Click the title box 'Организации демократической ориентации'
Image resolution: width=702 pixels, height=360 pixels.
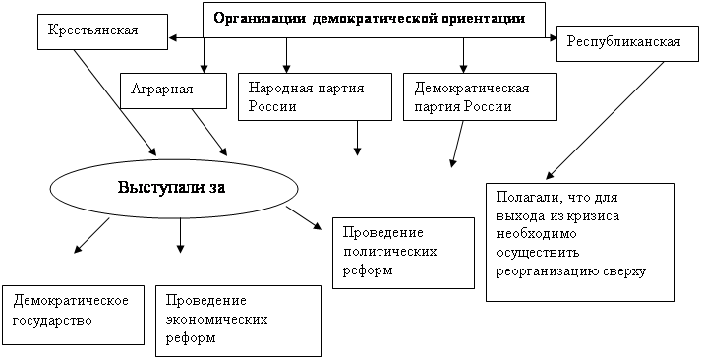pos(375,20)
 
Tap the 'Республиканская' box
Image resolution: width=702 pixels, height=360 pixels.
pos(625,44)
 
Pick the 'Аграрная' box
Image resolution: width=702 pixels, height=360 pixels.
pos(173,90)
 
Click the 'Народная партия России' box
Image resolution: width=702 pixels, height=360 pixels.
pos(316,96)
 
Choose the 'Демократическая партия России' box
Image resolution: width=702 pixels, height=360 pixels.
pos(481,96)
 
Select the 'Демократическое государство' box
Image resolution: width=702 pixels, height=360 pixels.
pos(74,315)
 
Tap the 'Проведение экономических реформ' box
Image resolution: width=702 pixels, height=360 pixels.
pos(239,321)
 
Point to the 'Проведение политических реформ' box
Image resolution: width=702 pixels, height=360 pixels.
pos(403,254)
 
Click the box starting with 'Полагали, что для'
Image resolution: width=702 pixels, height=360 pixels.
pos(580,242)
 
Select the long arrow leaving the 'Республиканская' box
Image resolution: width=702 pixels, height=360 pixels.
pos(605,120)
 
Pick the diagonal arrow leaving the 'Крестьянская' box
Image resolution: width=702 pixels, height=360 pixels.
pos(115,102)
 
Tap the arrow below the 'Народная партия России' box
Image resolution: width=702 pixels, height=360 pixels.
pos(357,138)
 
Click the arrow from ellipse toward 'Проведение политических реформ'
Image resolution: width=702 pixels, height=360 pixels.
pos(305,218)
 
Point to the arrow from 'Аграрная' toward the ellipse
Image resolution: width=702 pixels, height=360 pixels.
pos(209,132)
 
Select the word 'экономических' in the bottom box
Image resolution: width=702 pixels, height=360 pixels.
pos(216,320)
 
